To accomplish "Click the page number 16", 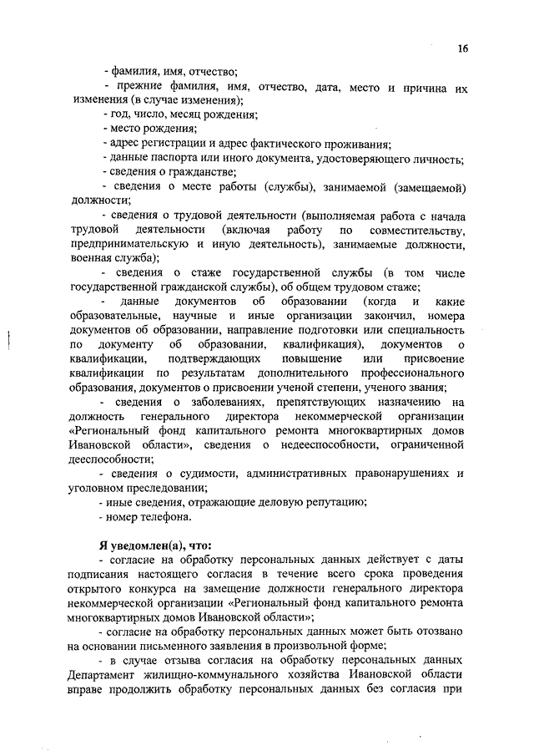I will click(463, 48).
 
